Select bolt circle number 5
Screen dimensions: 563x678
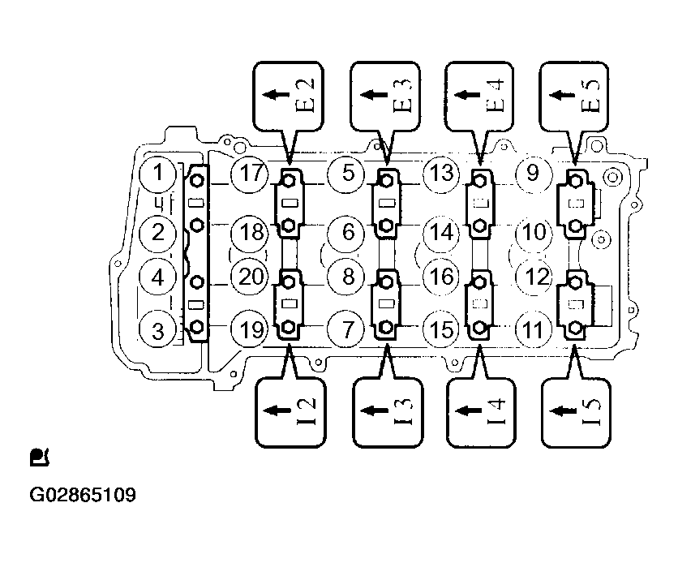coord(347,173)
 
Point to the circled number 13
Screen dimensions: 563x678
coord(441,173)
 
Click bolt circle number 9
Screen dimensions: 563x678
coord(534,173)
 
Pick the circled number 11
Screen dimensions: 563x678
coord(534,330)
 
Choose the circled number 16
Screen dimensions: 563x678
coord(441,277)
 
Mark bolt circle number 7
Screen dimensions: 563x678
coord(347,330)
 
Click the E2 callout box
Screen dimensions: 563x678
coord(287,94)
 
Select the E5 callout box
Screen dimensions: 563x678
coord(575,94)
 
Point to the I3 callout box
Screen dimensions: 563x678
coord(384,411)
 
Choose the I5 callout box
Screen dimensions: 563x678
coord(575,411)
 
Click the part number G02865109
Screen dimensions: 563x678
coord(84,495)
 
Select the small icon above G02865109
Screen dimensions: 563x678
coord(39,458)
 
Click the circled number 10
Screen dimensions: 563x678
coord(534,232)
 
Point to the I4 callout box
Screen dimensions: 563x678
coord(479,411)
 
